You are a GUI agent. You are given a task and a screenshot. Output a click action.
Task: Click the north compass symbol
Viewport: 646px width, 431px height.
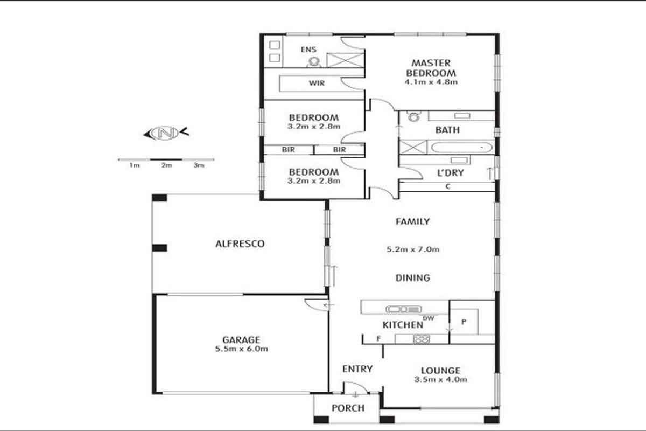(166, 133)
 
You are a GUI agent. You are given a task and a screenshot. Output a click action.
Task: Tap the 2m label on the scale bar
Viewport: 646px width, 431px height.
(167, 165)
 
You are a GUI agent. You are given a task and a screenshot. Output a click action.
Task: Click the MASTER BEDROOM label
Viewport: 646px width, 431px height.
(431, 68)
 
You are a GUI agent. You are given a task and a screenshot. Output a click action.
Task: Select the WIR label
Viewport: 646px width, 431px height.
(317, 83)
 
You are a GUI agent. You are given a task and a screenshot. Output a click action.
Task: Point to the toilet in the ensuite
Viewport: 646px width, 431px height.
(314, 62)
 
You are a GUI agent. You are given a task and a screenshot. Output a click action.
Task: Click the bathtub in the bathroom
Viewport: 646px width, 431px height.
(461, 147)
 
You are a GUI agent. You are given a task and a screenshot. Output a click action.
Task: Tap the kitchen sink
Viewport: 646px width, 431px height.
(403, 309)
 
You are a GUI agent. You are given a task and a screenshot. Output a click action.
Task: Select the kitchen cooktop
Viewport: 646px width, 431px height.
(422, 339)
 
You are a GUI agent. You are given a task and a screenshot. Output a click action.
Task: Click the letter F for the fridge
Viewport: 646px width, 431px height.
(378, 339)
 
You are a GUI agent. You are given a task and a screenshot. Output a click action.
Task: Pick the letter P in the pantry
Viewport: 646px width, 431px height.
(464, 322)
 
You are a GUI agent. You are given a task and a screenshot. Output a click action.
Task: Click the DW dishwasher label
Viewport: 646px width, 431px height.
(429, 318)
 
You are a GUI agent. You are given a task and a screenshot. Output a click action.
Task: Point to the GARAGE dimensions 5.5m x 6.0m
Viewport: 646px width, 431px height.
(241, 349)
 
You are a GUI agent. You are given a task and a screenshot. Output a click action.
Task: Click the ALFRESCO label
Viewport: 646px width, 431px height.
(240, 244)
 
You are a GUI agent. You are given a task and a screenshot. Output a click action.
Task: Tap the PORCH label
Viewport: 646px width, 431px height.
(348, 408)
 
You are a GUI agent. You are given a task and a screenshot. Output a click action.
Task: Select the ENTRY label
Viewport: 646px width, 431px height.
(357, 369)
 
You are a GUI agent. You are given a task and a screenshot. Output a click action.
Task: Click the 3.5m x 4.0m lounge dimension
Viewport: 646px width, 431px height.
(441, 379)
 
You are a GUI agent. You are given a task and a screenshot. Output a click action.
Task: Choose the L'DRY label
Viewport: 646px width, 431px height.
(451, 172)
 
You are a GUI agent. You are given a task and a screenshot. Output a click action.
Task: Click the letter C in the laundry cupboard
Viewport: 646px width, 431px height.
(448, 186)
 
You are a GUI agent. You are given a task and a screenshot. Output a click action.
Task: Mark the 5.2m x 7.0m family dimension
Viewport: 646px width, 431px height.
(413, 249)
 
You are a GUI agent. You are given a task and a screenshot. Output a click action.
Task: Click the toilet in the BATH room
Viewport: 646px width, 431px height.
(414, 116)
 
